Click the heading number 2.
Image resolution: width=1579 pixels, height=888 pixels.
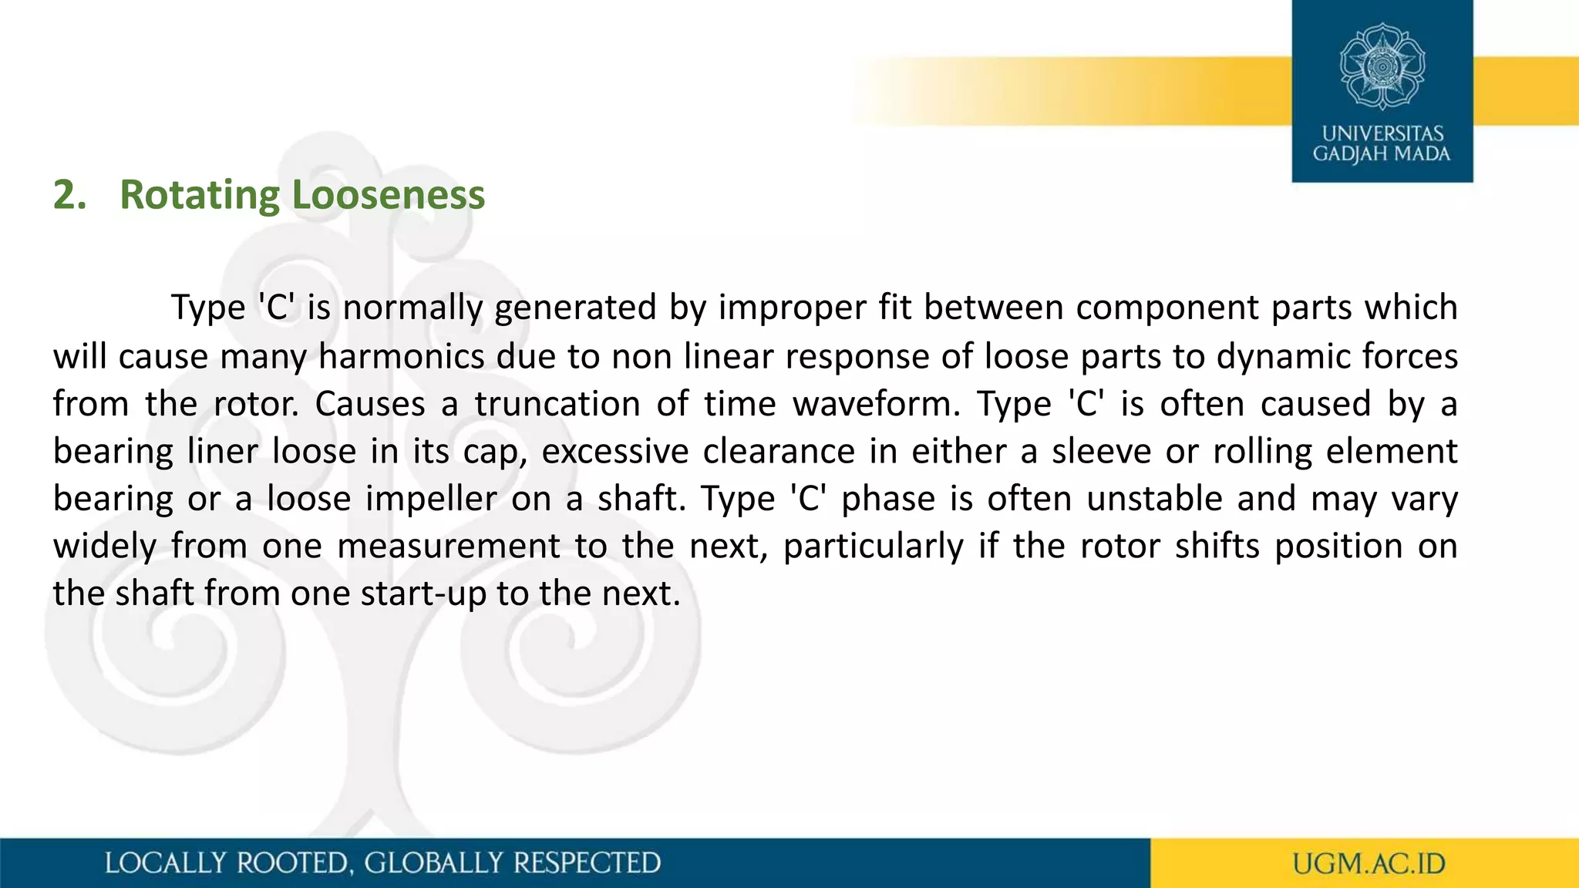click(69, 195)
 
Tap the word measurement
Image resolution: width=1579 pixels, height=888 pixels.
click(449, 547)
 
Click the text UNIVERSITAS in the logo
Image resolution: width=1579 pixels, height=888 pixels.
click(1382, 134)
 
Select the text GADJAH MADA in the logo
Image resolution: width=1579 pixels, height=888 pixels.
click(1382, 154)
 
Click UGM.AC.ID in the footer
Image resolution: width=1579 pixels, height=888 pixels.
click(1369, 863)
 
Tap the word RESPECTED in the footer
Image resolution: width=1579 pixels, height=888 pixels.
click(587, 863)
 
